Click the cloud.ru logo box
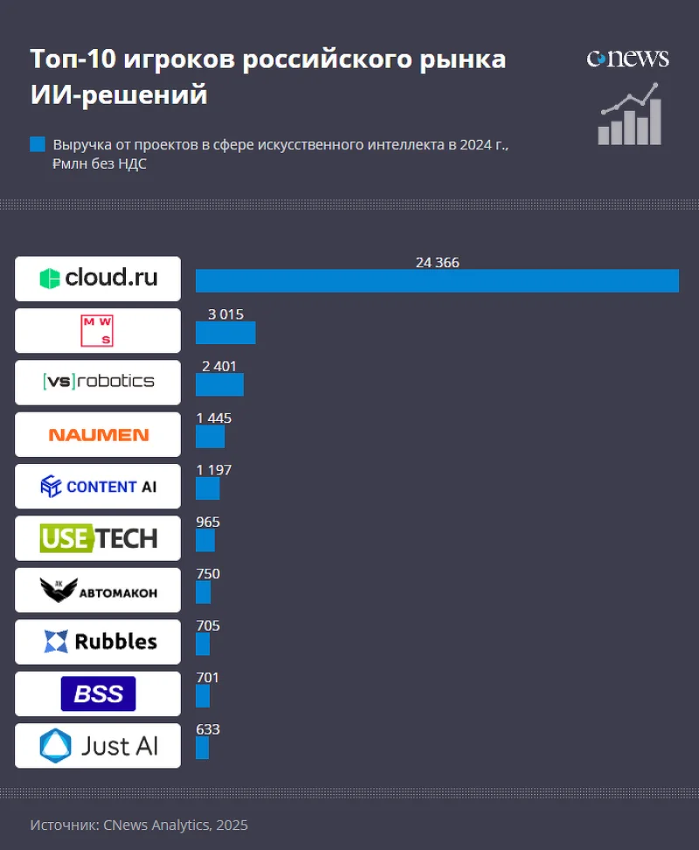(98, 279)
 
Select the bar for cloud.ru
(437, 280)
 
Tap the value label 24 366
(437, 263)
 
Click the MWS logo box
(98, 331)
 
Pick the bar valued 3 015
(225, 333)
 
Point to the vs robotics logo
(98, 382)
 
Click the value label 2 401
(219, 367)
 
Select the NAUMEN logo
(98, 434)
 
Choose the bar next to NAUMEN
(210, 436)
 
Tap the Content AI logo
(98, 487)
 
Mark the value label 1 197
(214, 470)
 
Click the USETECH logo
(98, 538)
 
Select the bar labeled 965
(204, 541)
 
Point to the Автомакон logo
(98, 591)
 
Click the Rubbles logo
(98, 642)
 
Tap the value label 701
(208, 678)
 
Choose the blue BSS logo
(98, 694)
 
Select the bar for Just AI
(202, 748)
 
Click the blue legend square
(37, 144)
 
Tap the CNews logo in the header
(627, 59)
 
